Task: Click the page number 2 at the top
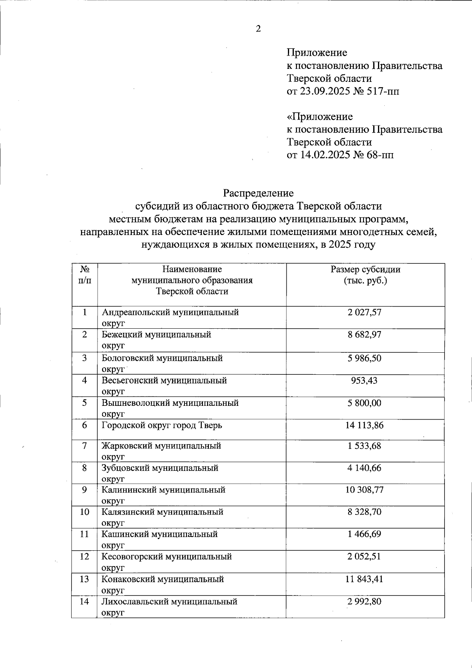[258, 29]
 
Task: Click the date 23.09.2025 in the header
[325, 91]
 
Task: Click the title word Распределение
[258, 193]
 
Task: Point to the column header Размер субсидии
[365, 270]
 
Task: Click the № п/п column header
[85, 275]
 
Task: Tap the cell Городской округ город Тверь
[162, 426]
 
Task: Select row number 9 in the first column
[85, 490]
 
